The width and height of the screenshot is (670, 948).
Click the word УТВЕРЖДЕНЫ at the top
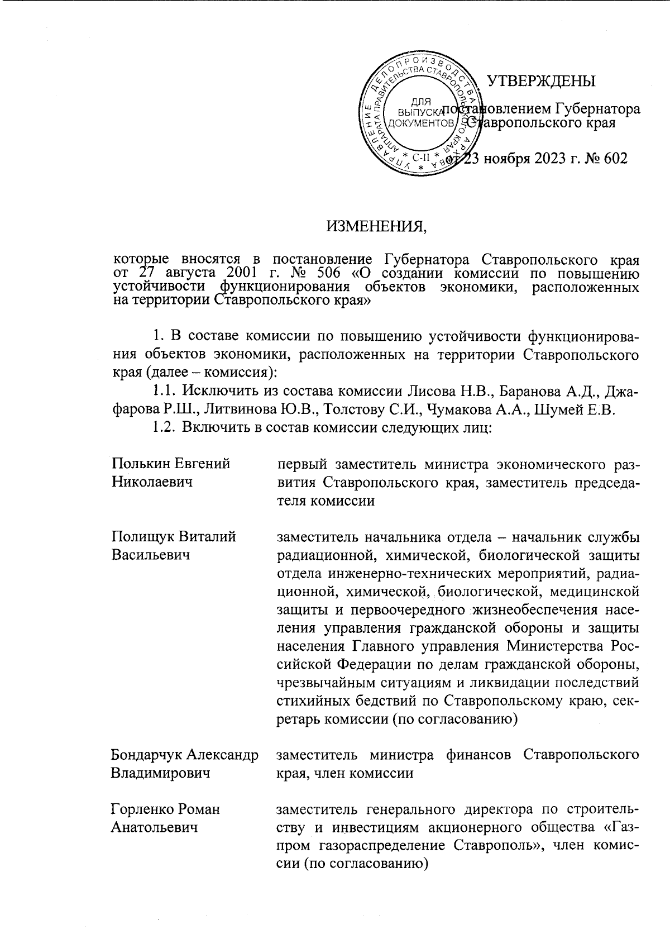point(541,82)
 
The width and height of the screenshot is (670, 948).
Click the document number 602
point(615,158)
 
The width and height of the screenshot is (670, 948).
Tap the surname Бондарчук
point(147,755)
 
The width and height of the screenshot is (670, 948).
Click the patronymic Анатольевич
point(155,827)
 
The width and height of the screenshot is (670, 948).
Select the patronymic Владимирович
point(161,774)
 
